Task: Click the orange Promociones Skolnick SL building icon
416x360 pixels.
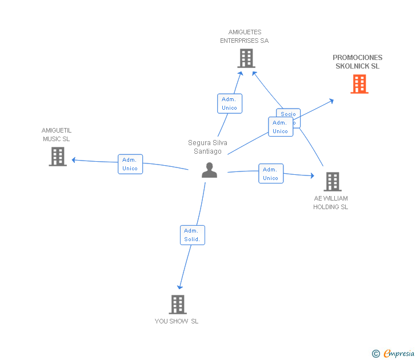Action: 359,84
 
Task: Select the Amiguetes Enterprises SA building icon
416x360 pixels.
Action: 246,58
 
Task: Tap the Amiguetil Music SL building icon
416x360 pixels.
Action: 57,157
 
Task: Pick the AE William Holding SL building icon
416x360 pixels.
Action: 332,182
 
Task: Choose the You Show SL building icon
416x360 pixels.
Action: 178,305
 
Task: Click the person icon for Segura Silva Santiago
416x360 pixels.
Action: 209,170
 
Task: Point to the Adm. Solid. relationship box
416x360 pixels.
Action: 193,235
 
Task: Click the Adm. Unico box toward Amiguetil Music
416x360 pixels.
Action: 130,164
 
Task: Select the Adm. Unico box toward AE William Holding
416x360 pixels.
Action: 271,174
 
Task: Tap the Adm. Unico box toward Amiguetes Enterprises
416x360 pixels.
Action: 229,103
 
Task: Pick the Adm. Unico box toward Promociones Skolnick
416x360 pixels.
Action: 280,127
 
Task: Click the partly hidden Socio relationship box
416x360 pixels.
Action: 289,113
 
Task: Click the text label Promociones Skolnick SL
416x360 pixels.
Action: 358,62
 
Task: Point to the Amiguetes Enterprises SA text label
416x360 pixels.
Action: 245,37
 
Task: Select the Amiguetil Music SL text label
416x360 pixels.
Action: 57,134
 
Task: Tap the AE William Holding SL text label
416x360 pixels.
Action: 330,203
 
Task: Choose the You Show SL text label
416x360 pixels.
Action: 177,321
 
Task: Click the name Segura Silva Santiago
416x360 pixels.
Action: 207,147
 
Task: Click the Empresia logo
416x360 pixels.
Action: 394,354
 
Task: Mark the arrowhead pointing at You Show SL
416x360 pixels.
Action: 180,286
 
